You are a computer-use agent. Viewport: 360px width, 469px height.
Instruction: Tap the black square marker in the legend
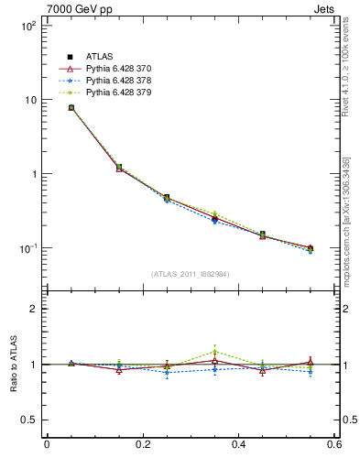(x=70, y=57)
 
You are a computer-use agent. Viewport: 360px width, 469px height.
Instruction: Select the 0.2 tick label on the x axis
(x=142, y=445)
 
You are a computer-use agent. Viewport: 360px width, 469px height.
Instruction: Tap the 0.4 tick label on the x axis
(x=238, y=445)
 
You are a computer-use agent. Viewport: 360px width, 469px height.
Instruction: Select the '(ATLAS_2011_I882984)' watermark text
(x=191, y=274)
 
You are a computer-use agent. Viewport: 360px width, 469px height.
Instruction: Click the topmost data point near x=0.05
(x=71, y=108)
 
